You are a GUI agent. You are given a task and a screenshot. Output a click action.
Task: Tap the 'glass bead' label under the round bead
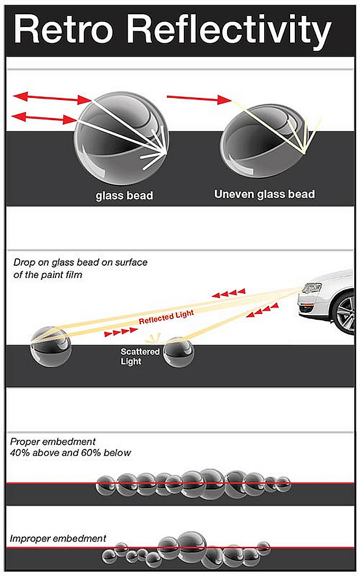click(124, 196)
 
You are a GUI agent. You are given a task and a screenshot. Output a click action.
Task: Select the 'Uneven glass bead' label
click(265, 194)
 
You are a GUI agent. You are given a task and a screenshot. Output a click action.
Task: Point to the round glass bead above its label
click(122, 138)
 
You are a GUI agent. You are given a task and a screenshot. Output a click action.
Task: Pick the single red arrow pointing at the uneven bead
click(199, 98)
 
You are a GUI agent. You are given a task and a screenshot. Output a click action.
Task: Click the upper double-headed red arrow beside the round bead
click(52, 98)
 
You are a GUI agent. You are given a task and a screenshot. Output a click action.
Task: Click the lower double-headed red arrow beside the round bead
click(44, 118)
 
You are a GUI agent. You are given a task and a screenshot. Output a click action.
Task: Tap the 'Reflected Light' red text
click(166, 317)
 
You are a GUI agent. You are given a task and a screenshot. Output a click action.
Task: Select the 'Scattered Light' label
click(140, 356)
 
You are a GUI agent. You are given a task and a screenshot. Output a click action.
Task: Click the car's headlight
click(311, 288)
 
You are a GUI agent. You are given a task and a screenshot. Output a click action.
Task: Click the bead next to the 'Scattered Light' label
click(178, 353)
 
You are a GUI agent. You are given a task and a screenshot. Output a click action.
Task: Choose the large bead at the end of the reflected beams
click(50, 347)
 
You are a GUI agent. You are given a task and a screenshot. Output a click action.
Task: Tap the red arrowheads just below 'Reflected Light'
click(121, 332)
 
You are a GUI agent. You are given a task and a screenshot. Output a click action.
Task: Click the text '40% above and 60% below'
click(70, 453)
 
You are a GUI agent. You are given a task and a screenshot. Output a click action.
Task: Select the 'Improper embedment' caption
click(58, 539)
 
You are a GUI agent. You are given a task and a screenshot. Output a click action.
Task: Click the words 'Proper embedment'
click(52, 442)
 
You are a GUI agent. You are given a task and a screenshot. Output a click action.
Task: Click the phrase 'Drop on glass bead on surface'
click(80, 262)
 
